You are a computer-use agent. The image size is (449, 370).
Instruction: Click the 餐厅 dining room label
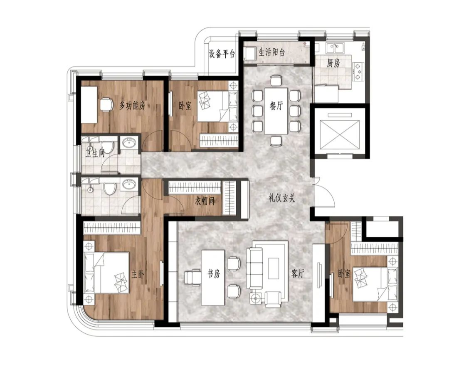pyautogui.click(x=276, y=106)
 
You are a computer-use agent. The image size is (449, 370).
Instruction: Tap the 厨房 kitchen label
pyautogui.click(x=333, y=63)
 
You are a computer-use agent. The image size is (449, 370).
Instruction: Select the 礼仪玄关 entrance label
pyautogui.click(x=282, y=198)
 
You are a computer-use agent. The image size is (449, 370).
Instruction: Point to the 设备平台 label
pyautogui.click(x=222, y=54)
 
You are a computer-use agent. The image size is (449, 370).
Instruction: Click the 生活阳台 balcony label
pyautogui.click(x=272, y=52)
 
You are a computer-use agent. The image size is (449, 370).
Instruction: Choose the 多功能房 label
pyautogui.click(x=132, y=106)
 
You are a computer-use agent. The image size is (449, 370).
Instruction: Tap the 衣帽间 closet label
pyautogui.click(x=205, y=201)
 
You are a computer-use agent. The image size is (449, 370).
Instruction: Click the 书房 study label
pyautogui.click(x=214, y=274)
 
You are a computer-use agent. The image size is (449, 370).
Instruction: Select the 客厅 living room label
pyautogui.click(x=298, y=274)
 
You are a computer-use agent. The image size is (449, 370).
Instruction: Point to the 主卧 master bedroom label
pyautogui.click(x=138, y=274)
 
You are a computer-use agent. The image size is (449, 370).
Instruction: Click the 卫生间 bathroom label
pyautogui.click(x=95, y=153)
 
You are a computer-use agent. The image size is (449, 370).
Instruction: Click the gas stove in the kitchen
pyautogui.click(x=358, y=71)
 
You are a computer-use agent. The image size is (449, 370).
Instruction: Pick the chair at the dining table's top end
pyautogui.click(x=276, y=80)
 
